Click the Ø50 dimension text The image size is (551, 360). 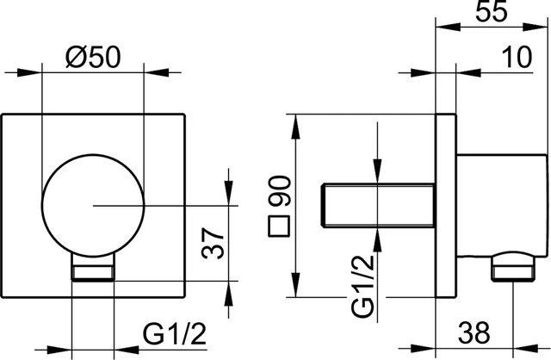click(x=92, y=58)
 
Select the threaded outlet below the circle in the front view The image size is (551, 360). click(x=93, y=273)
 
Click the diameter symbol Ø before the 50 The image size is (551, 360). click(x=75, y=58)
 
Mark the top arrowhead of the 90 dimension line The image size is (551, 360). click(x=296, y=121)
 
